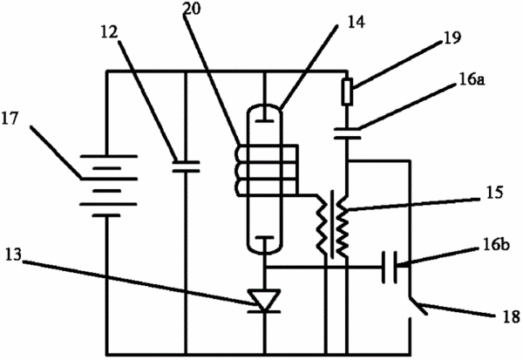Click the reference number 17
point(10,119)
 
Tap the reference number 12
point(110,32)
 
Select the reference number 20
point(192,9)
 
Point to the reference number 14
point(357,22)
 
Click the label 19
point(452,37)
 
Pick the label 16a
point(472,80)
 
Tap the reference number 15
point(494,193)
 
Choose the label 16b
point(496,245)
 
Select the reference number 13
point(13,255)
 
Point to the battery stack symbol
point(108,186)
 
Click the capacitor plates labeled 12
point(186,166)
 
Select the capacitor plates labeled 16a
point(347,133)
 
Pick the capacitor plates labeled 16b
point(390,268)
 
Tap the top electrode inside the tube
point(264,115)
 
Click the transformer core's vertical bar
point(332,224)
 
